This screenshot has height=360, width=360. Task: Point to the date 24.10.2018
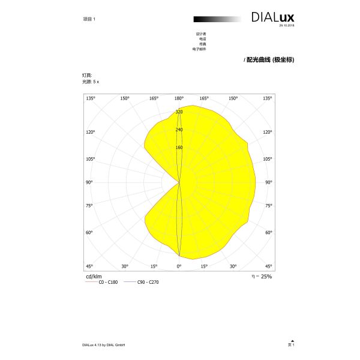click(287, 25)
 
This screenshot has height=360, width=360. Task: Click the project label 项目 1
click(89, 19)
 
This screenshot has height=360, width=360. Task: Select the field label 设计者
click(201, 34)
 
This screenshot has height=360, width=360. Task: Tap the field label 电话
click(202, 39)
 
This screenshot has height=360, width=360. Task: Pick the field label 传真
click(202, 44)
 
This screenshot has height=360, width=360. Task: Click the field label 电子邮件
click(199, 49)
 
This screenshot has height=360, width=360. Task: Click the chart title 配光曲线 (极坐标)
click(271, 60)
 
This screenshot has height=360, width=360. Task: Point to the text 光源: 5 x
click(91, 80)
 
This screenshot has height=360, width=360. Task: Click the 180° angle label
click(179, 98)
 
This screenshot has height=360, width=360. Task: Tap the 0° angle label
click(179, 266)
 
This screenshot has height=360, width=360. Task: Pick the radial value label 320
click(179, 112)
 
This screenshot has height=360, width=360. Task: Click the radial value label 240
click(179, 130)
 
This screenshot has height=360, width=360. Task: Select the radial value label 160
click(179, 148)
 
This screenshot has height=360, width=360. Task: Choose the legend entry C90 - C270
click(149, 281)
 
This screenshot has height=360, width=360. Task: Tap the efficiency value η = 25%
click(262, 276)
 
